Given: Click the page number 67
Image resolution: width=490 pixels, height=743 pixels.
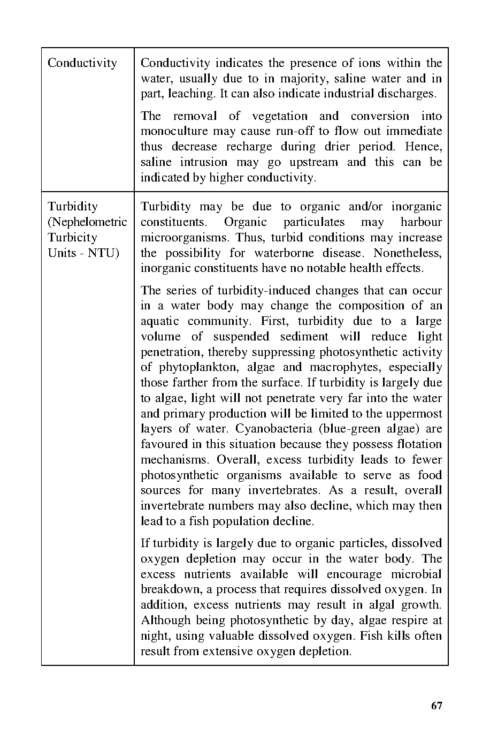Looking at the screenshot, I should pos(437,706).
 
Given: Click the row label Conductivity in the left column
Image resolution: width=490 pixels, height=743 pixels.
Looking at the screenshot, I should pos(82,63).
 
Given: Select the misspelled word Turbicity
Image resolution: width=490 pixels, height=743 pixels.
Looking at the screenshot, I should pos(72,238).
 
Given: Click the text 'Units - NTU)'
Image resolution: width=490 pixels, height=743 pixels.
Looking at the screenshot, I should pos(83,253).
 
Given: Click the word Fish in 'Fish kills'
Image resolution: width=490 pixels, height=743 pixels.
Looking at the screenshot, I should pos(369,636).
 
